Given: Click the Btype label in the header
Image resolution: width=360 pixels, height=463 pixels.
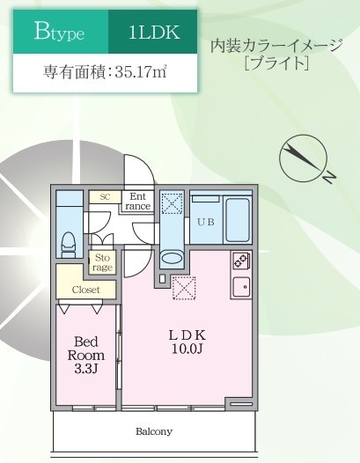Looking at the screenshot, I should [x=59, y=33].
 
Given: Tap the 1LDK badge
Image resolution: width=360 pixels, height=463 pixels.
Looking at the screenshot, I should [x=154, y=33].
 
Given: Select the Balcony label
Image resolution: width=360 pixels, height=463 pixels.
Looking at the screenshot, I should [x=154, y=432].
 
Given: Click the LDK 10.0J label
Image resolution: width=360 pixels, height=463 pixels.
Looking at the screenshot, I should [x=187, y=342].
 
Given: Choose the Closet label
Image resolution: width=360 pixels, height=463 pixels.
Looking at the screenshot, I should [x=86, y=289].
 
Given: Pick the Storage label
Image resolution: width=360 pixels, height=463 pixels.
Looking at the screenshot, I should [x=102, y=261].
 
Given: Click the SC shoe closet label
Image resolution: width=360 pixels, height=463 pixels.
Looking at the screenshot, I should [x=105, y=197].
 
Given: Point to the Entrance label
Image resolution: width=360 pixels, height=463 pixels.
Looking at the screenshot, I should [x=138, y=202].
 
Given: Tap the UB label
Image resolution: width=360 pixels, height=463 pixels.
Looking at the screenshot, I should [x=205, y=221].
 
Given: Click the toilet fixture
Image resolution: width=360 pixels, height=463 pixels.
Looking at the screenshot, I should [x=69, y=242].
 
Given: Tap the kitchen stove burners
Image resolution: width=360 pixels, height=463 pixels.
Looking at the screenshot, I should [x=240, y=261].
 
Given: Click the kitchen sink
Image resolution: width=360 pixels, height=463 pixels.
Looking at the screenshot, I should [x=240, y=286].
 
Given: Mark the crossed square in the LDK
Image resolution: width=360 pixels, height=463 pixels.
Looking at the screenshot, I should [x=184, y=287].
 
